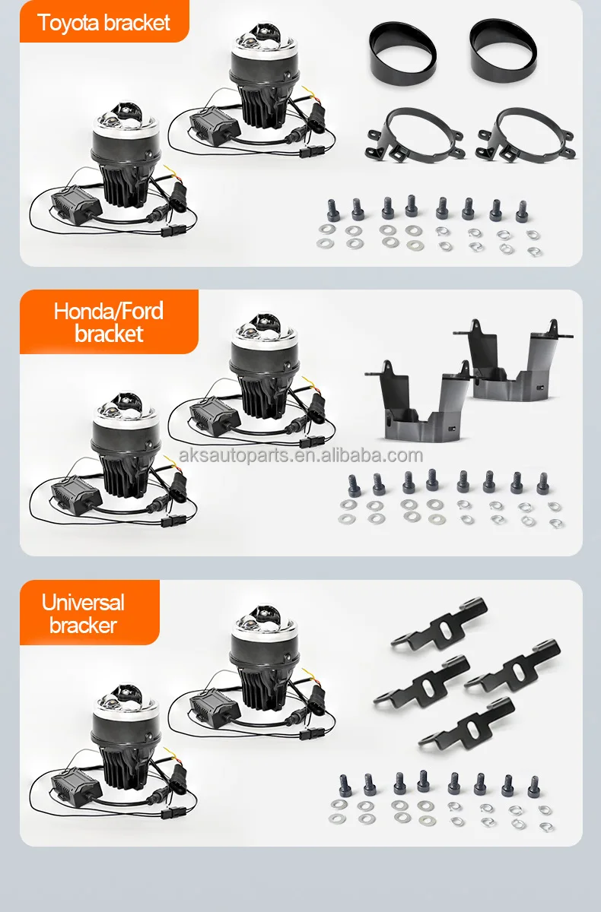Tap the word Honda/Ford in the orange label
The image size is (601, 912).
tap(108, 311)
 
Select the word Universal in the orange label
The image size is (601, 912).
tap(83, 602)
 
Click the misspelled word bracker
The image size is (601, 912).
tap(83, 625)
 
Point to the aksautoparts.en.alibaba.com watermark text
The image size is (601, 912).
tap(300, 455)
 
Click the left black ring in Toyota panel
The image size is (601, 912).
tap(402, 53)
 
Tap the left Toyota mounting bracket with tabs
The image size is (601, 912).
tap(415, 135)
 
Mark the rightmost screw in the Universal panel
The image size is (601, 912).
tap(534, 787)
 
